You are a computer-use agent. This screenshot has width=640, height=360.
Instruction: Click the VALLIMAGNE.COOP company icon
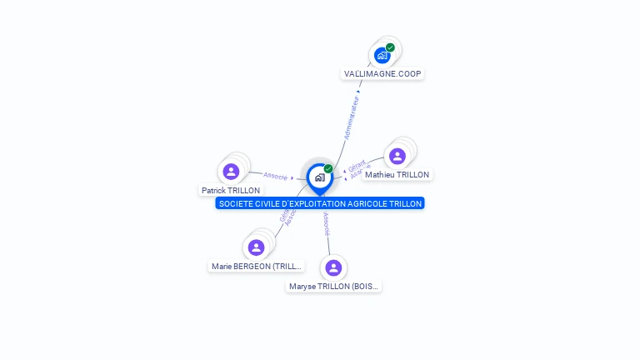(x=382, y=56)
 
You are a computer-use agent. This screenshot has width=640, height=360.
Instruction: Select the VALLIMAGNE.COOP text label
(x=383, y=73)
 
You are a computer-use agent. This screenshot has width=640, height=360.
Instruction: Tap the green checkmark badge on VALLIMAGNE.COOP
(x=390, y=47)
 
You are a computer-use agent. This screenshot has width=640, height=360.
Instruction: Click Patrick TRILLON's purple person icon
(x=232, y=172)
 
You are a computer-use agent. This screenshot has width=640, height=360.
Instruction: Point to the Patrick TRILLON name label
(x=231, y=190)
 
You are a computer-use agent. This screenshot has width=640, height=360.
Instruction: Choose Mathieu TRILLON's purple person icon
(x=397, y=156)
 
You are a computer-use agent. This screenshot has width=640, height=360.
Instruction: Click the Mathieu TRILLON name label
(x=397, y=175)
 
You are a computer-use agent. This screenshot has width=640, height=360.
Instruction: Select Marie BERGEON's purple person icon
(x=257, y=247)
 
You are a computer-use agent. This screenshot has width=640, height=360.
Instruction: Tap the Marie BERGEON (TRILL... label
(x=257, y=267)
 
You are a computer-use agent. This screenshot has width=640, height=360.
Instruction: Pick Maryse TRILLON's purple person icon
(x=333, y=267)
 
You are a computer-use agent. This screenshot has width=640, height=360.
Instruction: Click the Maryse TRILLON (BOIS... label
(x=334, y=287)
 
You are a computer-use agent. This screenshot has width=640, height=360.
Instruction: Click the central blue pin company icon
(x=319, y=177)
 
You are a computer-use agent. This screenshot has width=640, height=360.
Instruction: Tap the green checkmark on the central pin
(x=328, y=169)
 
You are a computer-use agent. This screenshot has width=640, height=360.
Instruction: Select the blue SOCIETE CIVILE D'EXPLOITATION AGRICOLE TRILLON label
(x=320, y=203)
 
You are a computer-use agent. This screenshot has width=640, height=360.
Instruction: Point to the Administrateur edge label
(x=352, y=117)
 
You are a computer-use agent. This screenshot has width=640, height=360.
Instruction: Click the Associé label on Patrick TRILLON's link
(x=276, y=176)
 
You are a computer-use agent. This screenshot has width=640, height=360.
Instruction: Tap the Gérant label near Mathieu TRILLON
(x=357, y=165)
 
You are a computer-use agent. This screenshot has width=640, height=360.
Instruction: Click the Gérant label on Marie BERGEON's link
(x=284, y=215)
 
